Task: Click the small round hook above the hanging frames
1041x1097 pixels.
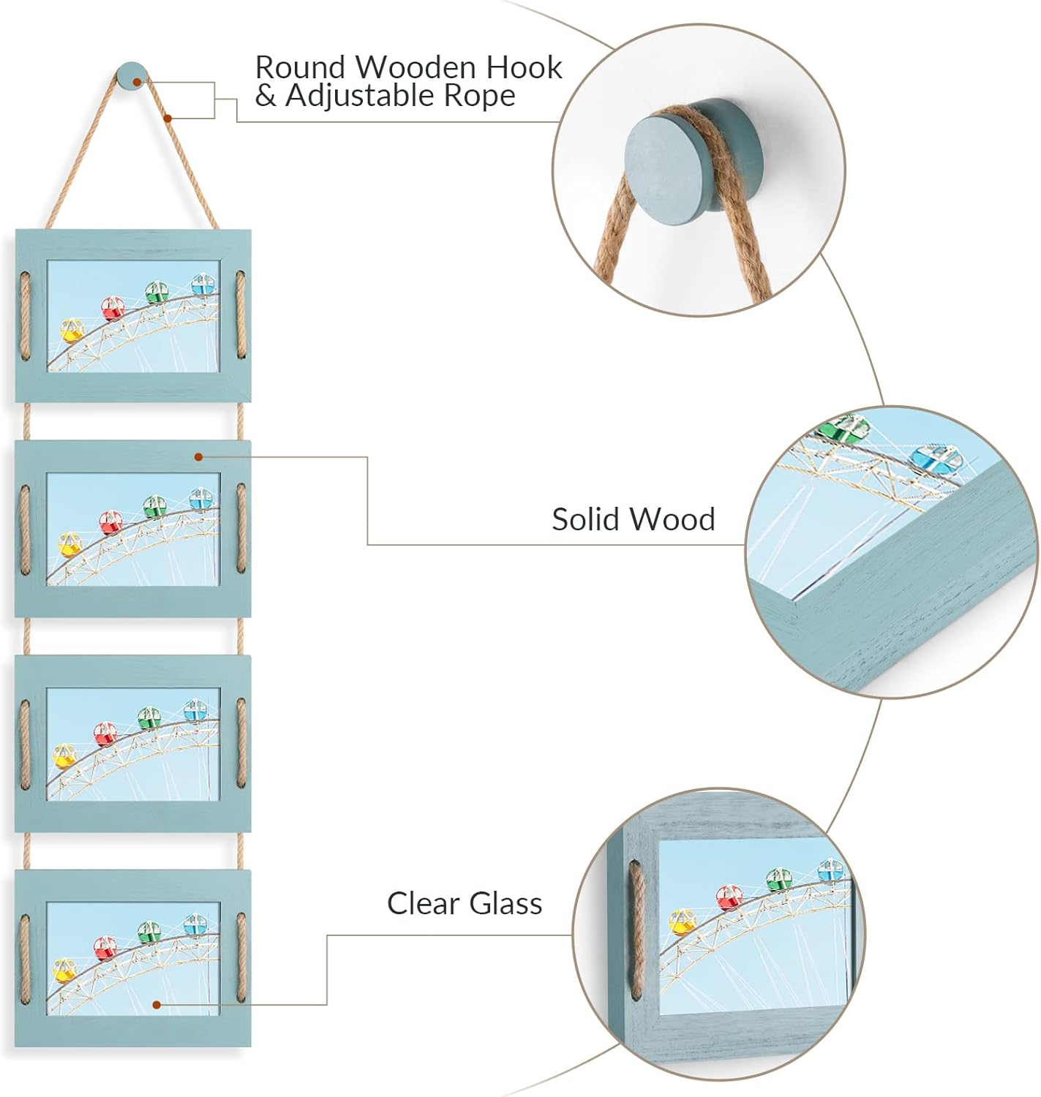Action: tap(132, 75)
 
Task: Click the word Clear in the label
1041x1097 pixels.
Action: tap(424, 903)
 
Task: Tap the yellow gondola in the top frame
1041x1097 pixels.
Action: tap(71, 331)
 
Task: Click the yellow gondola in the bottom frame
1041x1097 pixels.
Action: tap(64, 970)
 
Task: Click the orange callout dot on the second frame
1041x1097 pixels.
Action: tap(198, 457)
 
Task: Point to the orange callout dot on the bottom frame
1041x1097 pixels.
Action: tap(156, 1005)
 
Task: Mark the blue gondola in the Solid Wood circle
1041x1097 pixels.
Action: tap(934, 456)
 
